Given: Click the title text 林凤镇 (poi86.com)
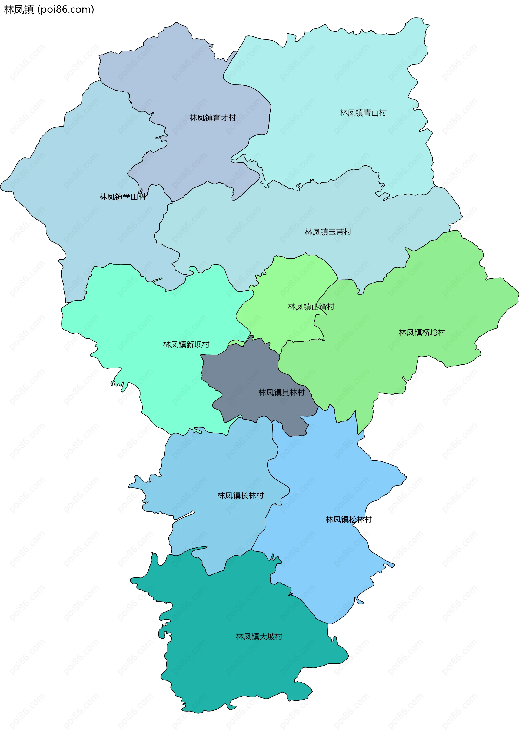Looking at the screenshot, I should [49, 9].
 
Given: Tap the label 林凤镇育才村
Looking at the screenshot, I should [212, 118].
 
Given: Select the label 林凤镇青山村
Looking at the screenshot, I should [363, 113].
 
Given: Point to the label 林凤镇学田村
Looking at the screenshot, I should [122, 197].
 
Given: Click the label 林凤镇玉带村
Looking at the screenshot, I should [328, 232].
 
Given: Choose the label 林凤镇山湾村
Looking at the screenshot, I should [311, 307].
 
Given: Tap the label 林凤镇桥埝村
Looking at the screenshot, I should [422, 333].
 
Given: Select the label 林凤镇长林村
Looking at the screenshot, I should [240, 496].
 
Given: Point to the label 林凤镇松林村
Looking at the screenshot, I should [348, 519].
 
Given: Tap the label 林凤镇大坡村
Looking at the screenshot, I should [259, 636].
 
